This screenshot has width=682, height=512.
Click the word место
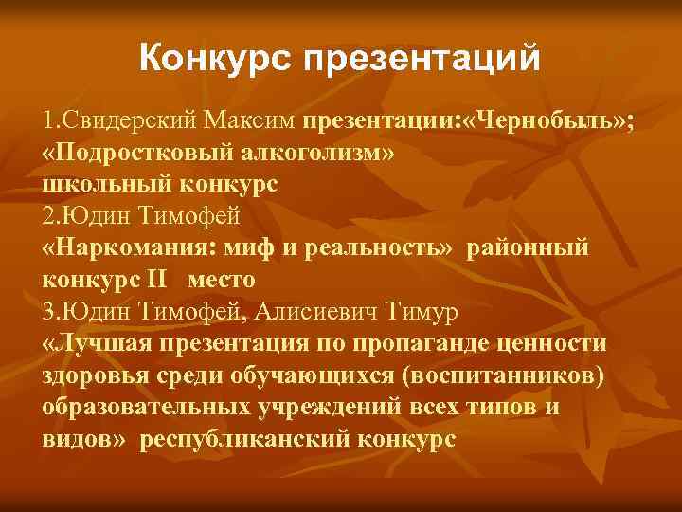(x=221, y=281)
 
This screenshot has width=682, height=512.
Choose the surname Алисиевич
(x=339, y=312)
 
